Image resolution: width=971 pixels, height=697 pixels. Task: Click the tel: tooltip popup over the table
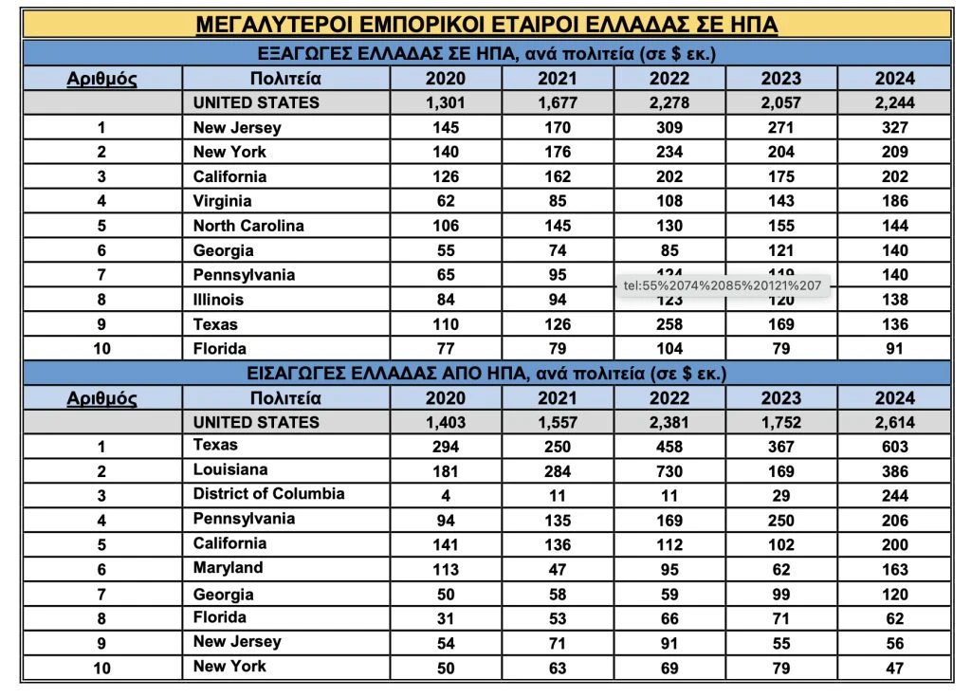[x=724, y=284]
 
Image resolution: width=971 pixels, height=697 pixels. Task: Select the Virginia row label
[x=222, y=201]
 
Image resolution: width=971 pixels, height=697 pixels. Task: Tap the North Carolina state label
[x=248, y=226]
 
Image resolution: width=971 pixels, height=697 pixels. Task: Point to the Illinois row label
[x=218, y=300]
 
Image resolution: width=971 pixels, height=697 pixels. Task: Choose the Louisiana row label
[x=230, y=470]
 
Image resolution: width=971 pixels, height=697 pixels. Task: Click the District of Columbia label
[x=268, y=494]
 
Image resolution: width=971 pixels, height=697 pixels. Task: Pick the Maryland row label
[x=229, y=568]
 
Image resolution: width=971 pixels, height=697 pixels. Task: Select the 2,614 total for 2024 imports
[x=894, y=423]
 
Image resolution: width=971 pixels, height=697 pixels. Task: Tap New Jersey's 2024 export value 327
[x=894, y=128]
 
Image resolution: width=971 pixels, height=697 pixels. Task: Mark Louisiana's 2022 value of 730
[x=670, y=471]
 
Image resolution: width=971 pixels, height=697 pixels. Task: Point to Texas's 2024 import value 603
[x=894, y=447]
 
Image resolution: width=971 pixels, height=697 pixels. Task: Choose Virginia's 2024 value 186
[x=894, y=201]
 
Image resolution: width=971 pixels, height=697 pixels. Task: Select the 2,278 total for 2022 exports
[x=670, y=103]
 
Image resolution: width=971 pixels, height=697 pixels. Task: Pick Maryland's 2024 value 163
[x=894, y=570]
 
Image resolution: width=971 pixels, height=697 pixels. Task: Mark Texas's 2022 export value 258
[x=670, y=324]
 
